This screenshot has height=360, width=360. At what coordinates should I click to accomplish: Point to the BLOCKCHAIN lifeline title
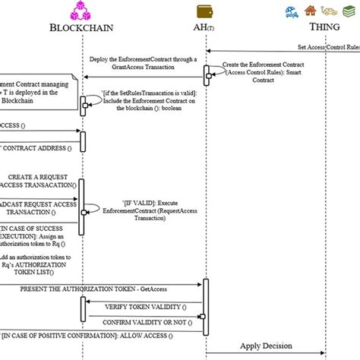[x=83, y=29]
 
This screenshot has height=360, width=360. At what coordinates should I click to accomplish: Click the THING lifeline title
[x=324, y=27]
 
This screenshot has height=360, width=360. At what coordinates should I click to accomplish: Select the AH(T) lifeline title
[x=205, y=29]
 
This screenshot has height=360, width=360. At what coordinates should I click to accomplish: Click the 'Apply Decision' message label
[x=266, y=346]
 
